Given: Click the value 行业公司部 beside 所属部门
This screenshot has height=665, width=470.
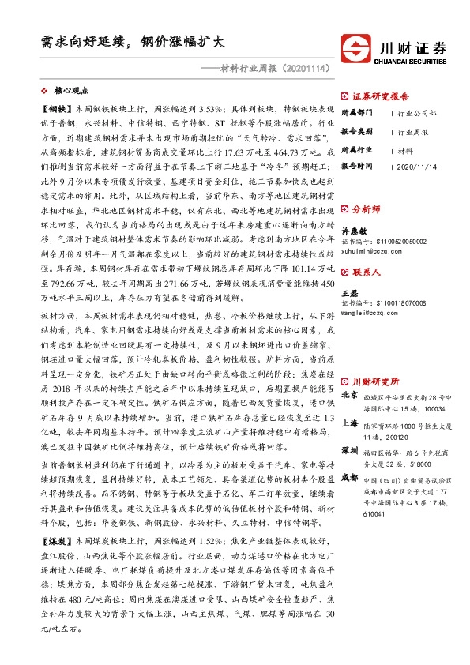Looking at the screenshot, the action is [x=416, y=114].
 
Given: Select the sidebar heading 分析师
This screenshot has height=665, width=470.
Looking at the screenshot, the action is [x=365, y=210].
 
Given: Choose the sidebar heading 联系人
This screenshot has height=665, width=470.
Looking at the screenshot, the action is [x=365, y=271].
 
